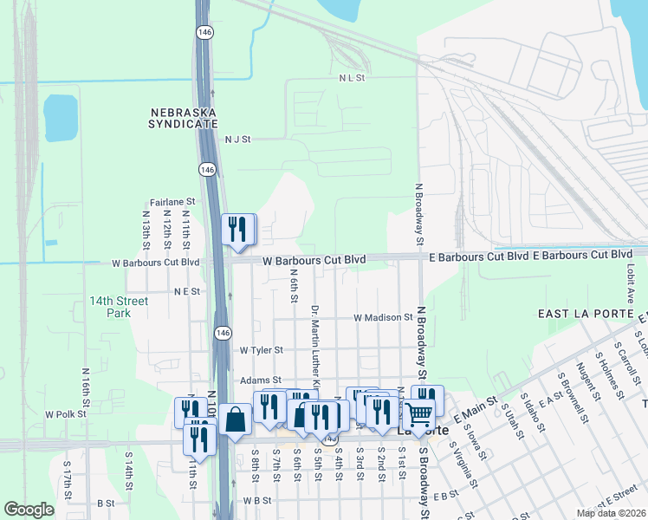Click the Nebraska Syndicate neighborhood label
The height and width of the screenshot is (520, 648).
coord(184,118)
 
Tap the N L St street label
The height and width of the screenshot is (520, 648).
coord(353,78)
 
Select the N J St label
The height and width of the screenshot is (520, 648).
coord(237,139)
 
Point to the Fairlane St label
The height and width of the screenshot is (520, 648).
coord(172,202)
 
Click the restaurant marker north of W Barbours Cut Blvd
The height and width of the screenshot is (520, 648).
coord(237,230)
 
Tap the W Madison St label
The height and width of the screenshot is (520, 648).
coord(383,317)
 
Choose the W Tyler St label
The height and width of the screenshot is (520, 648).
coord(262,350)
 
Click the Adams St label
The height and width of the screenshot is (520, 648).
coord(261,380)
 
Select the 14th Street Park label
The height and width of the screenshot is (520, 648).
coord(119,307)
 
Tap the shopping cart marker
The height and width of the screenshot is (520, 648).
coord(419,413)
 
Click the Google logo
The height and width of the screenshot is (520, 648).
coord(29,510)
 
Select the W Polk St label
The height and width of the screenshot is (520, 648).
coord(66,414)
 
